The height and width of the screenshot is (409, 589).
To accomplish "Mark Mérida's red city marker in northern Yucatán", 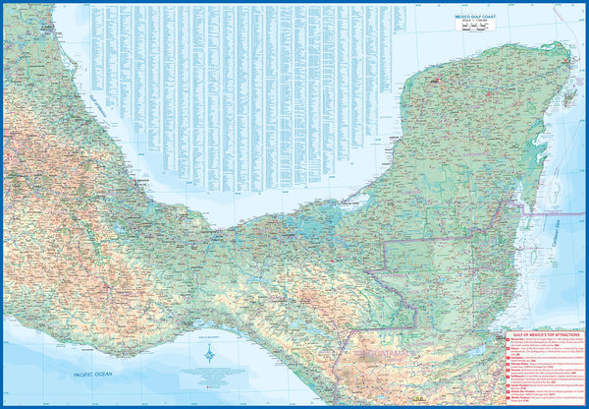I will pyautogui.click(x=433, y=76).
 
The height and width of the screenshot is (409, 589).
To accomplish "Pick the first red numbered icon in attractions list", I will pyautogui.click(x=508, y=344).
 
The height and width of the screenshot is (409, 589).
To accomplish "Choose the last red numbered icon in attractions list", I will pyautogui.click(x=508, y=398).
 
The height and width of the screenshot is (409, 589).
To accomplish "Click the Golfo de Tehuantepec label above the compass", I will pyautogui.click(x=210, y=330).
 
